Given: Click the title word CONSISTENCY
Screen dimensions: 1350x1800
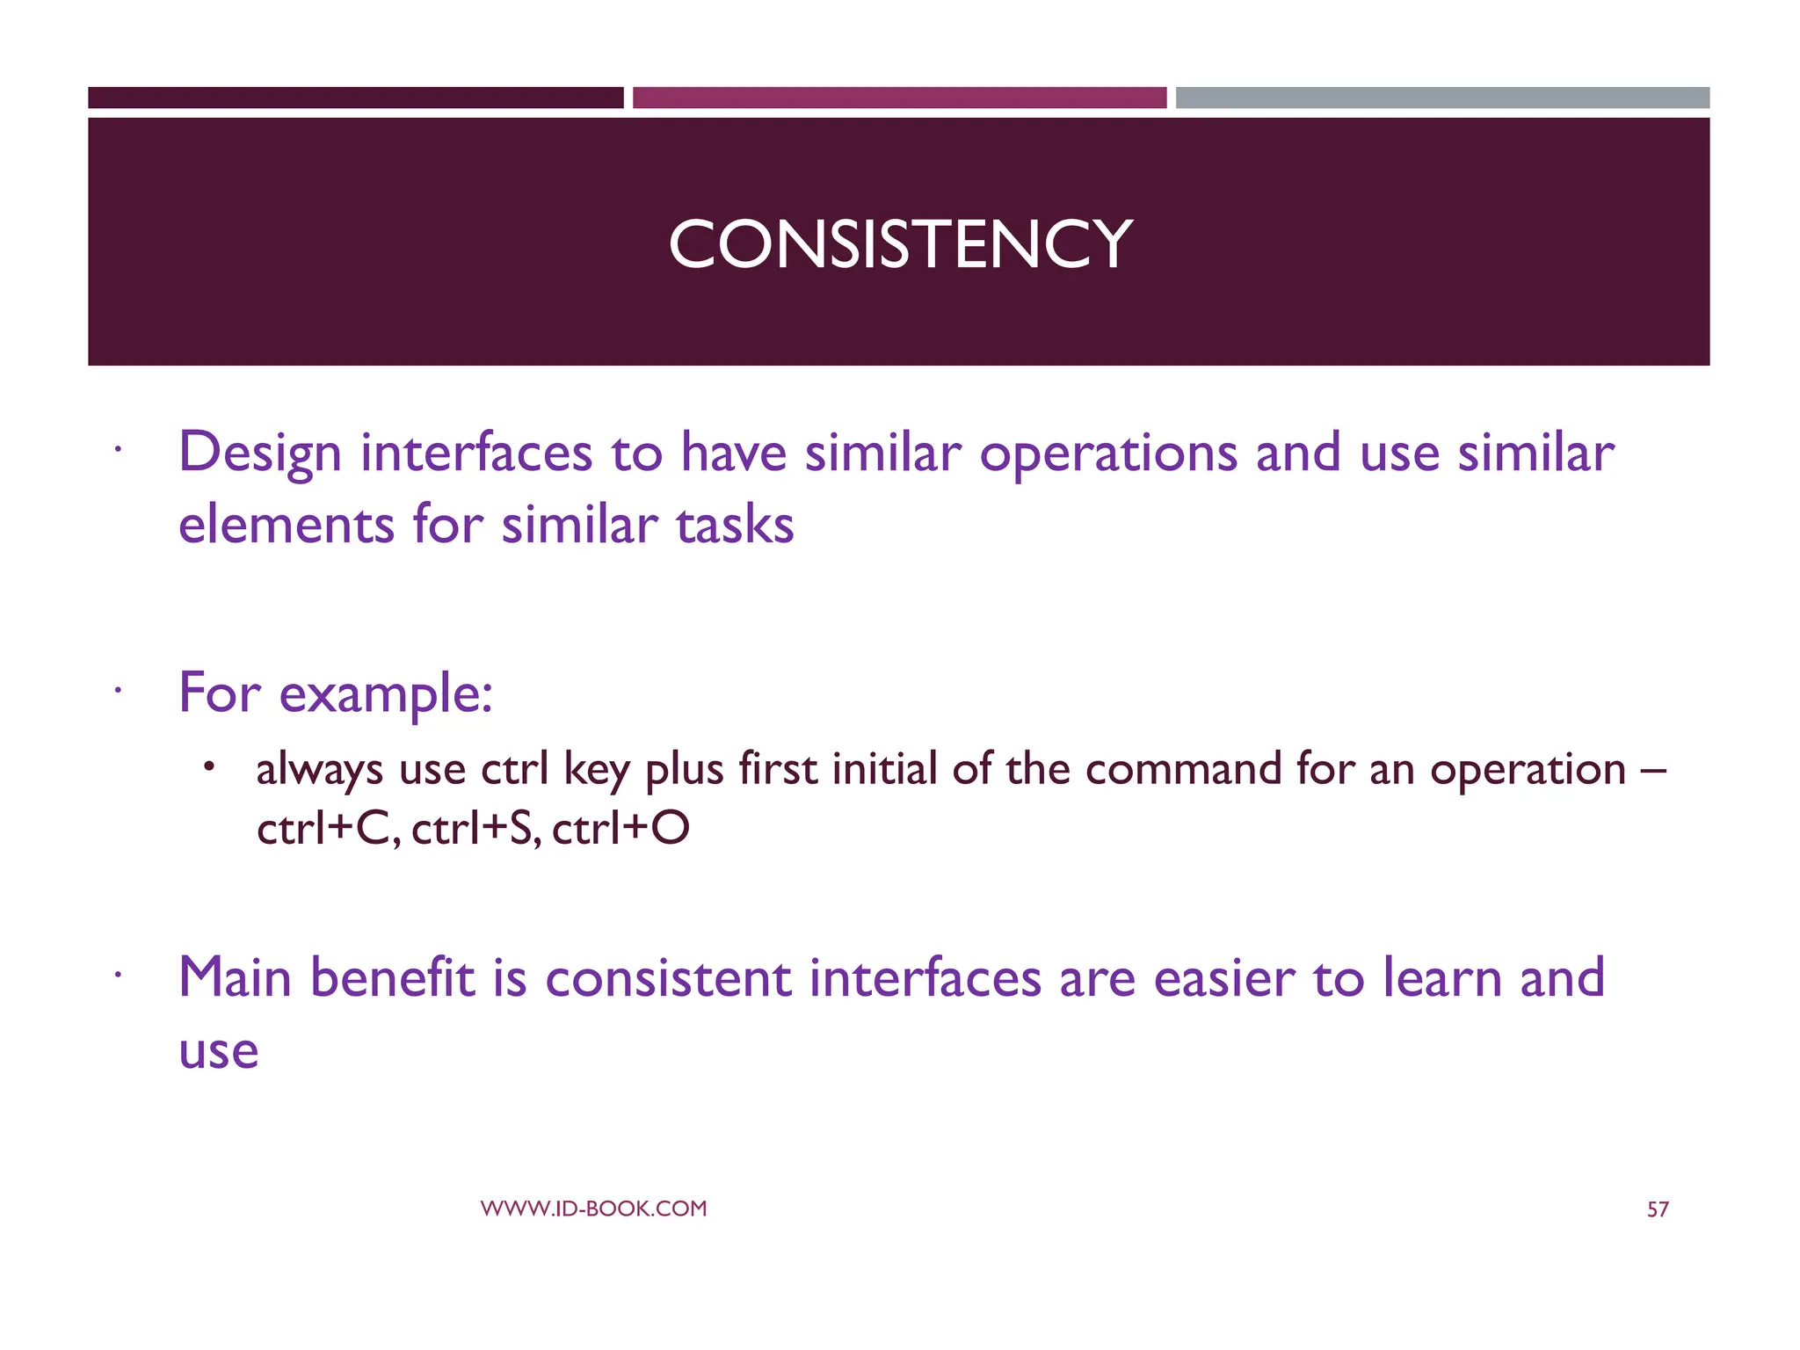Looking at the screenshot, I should tap(900, 244).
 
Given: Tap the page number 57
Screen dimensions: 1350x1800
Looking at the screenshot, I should tap(1657, 1209).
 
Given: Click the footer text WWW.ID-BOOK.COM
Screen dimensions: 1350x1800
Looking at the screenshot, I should tap(593, 1208).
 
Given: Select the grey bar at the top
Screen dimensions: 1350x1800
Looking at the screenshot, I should tap(1442, 98).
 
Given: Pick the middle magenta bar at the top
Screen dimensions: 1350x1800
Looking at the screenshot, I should tap(899, 98).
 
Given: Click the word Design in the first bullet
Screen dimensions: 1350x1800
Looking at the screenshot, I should tap(259, 454).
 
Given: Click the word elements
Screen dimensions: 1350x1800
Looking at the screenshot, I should tap(286, 526).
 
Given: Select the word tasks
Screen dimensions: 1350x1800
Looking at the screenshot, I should tap(735, 526).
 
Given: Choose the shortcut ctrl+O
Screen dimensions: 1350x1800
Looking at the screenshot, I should tap(621, 828).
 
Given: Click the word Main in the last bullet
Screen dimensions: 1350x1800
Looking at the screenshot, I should tap(235, 977).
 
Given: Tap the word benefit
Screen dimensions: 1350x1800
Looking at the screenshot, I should tap(392, 977).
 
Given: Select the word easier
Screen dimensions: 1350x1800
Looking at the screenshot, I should tap(1223, 979).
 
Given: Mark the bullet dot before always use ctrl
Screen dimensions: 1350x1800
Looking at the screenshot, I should tap(208, 767).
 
